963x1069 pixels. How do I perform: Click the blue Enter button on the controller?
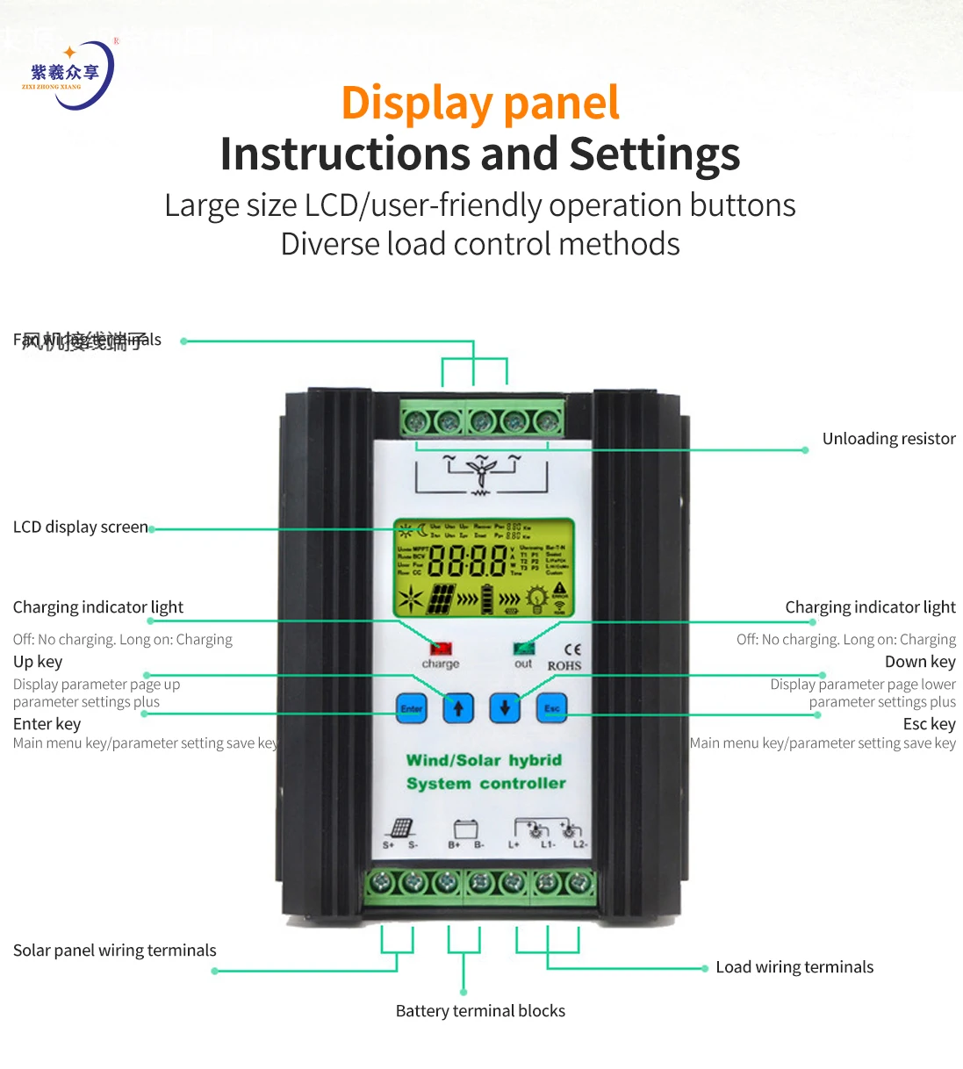click(x=412, y=708)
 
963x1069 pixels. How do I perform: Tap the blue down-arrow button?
click(x=505, y=707)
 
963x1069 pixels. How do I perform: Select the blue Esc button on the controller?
click(x=551, y=707)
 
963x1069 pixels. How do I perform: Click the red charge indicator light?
click(x=441, y=649)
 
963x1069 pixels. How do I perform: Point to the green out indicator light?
click(x=524, y=649)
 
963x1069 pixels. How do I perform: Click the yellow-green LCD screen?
click(x=484, y=567)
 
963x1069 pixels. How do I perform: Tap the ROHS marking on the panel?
click(x=564, y=665)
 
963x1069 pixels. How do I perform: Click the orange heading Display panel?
click(x=480, y=103)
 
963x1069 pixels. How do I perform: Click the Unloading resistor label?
click(x=888, y=439)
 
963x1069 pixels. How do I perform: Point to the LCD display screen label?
click(x=81, y=527)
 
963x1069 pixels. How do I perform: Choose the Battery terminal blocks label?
click(x=480, y=1011)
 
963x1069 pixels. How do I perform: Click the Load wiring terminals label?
click(x=794, y=967)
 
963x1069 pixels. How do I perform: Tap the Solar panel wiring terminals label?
click(x=115, y=951)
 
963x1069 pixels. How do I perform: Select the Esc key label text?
click(x=929, y=724)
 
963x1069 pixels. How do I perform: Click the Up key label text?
click(x=38, y=662)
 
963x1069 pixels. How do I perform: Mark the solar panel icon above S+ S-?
click(x=401, y=828)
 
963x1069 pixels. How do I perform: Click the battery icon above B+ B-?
click(x=465, y=829)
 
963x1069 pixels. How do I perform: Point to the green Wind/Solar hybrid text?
click(x=484, y=760)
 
